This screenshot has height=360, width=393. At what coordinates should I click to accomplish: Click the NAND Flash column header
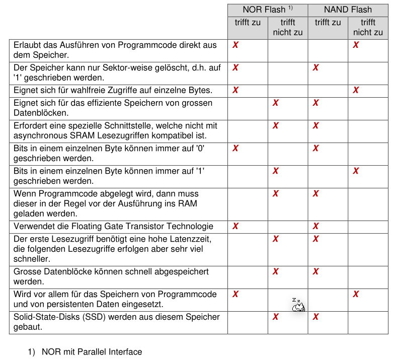pos(348,10)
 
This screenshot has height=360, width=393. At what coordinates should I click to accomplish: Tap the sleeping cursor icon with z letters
pos(298,305)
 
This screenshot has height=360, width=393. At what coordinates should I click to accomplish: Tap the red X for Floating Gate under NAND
pos(316,226)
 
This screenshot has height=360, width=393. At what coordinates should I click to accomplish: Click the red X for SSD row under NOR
pos(275,317)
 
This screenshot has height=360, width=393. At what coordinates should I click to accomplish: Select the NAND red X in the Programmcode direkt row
pos(356,45)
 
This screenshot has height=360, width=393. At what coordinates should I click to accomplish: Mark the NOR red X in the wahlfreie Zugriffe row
pos(235,90)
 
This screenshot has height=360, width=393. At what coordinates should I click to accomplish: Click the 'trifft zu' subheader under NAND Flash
pos(328,23)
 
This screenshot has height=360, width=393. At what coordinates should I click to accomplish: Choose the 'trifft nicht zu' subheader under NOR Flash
pos(287,27)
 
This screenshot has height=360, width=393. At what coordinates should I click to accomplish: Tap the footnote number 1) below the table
pos(31,352)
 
